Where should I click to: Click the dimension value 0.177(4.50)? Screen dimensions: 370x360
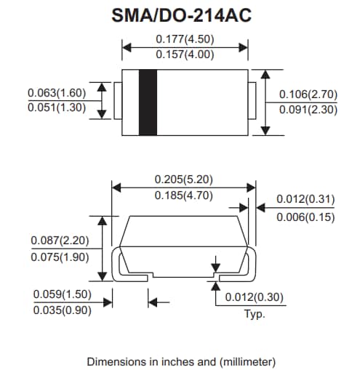point(185,39)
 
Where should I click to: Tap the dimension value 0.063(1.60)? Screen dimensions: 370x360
point(57,93)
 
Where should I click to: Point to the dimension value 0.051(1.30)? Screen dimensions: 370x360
point(57,108)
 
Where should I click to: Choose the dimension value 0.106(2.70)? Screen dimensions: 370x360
point(309,94)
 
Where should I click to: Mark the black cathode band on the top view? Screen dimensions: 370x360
point(148,102)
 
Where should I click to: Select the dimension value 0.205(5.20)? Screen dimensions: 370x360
point(183,179)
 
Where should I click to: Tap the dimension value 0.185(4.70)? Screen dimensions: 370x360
point(183,196)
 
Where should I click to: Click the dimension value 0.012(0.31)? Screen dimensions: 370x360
point(305,200)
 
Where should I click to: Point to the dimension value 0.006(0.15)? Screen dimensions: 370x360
point(305,216)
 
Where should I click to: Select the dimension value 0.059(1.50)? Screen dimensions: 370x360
point(63,294)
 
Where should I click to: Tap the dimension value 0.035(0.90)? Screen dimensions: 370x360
point(63,310)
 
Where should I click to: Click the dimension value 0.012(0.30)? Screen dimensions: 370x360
point(254,297)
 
